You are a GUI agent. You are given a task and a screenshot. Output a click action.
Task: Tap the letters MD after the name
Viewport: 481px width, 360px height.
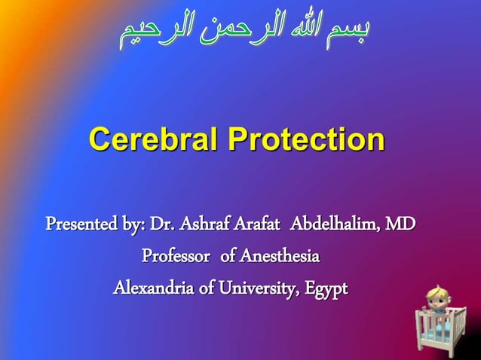pyautogui.click(x=399, y=224)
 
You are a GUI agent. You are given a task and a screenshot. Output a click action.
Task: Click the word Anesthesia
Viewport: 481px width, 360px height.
pyautogui.click(x=280, y=257)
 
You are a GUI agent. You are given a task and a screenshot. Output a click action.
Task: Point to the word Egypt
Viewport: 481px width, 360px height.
pyautogui.click(x=326, y=288)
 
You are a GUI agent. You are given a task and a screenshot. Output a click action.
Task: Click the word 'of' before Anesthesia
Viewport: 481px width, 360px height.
pyautogui.click(x=228, y=257)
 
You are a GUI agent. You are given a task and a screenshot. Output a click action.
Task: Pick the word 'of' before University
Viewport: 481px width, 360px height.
pyautogui.click(x=201, y=288)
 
